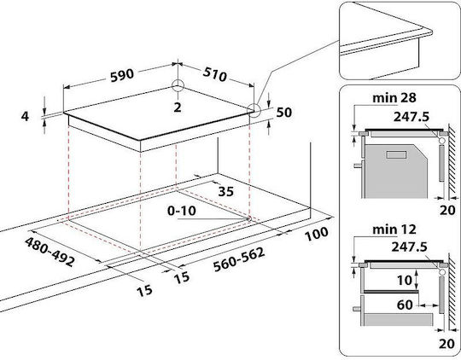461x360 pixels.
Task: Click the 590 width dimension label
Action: click(122, 75)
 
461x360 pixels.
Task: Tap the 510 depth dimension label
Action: click(215, 74)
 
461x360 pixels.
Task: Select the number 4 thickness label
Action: click(26, 116)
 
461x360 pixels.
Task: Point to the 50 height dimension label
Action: click(283, 113)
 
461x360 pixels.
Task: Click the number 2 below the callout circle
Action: click(178, 107)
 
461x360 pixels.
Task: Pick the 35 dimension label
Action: click(225, 192)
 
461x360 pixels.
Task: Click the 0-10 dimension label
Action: click(182, 211)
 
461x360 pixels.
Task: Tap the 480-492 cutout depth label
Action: click(50, 252)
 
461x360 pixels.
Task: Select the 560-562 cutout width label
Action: click(239, 260)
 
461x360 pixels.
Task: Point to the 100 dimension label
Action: click(317, 234)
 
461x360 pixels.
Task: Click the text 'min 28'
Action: click(394, 98)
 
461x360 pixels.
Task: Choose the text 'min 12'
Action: click(394, 229)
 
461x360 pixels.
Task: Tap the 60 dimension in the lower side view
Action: click(405, 305)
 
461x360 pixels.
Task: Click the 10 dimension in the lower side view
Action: click(405, 281)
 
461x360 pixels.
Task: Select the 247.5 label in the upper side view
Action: click(411, 117)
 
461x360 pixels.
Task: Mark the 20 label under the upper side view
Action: click(447, 210)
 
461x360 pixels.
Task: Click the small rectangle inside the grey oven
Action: click(396, 154)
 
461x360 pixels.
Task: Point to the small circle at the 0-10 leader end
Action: click(248, 218)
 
